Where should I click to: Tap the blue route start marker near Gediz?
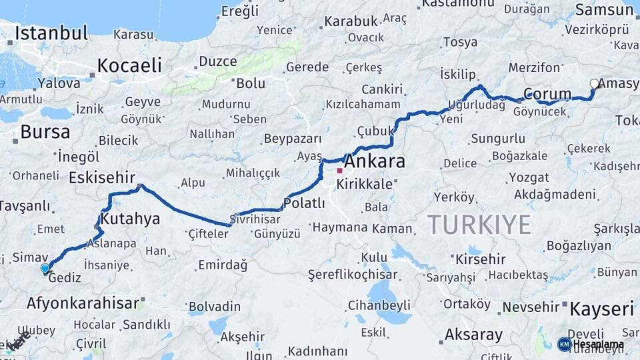[45, 268]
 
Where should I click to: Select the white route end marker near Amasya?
[594, 84]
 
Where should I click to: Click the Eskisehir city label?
[102, 178]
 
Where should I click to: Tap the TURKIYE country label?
[479, 225]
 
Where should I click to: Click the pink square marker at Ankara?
[339, 171]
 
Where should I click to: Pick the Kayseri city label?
[601, 309]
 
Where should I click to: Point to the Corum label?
[547, 93]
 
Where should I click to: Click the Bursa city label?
[45, 131]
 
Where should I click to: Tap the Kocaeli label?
[129, 65]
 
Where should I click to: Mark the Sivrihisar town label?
[251, 218]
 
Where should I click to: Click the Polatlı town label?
[304, 203]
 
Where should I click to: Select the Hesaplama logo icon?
[564, 344]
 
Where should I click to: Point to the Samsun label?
[599, 9]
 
